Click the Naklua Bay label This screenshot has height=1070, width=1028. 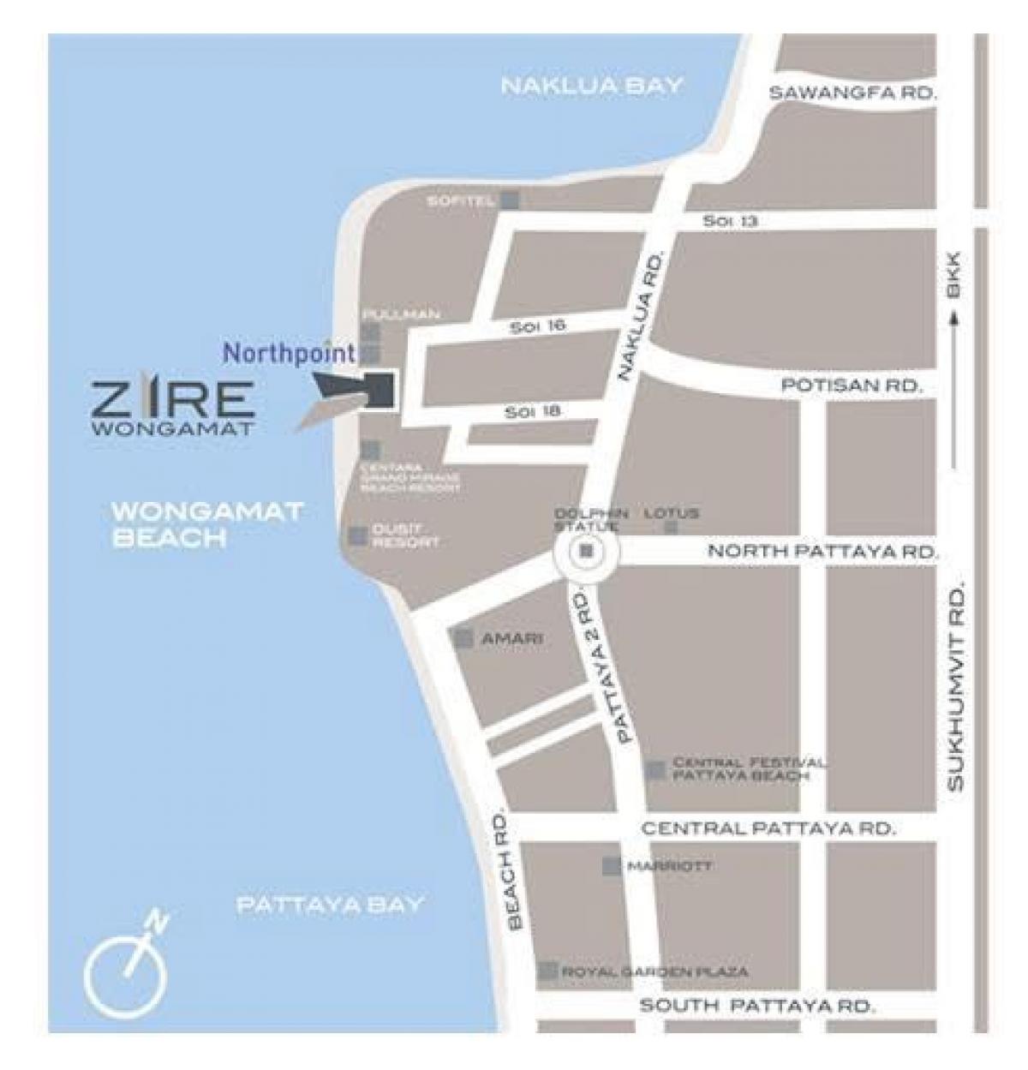coord(591,86)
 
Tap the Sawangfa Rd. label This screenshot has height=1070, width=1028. coord(852,93)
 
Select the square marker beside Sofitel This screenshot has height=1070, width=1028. coord(511,200)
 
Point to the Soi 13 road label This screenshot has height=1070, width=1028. coord(730,221)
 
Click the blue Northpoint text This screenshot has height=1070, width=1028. coord(290,352)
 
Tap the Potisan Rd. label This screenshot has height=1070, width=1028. coord(852,386)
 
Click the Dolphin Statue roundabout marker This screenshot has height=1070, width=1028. coord(586,551)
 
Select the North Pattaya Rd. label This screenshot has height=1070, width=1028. coord(822,552)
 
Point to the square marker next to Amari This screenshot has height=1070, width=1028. coord(463,638)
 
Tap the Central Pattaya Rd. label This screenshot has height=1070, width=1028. coord(768,828)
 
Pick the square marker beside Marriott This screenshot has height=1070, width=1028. coord(611,866)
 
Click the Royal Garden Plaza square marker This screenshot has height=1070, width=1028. coord(547,971)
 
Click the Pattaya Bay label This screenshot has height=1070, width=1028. coord(330,904)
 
